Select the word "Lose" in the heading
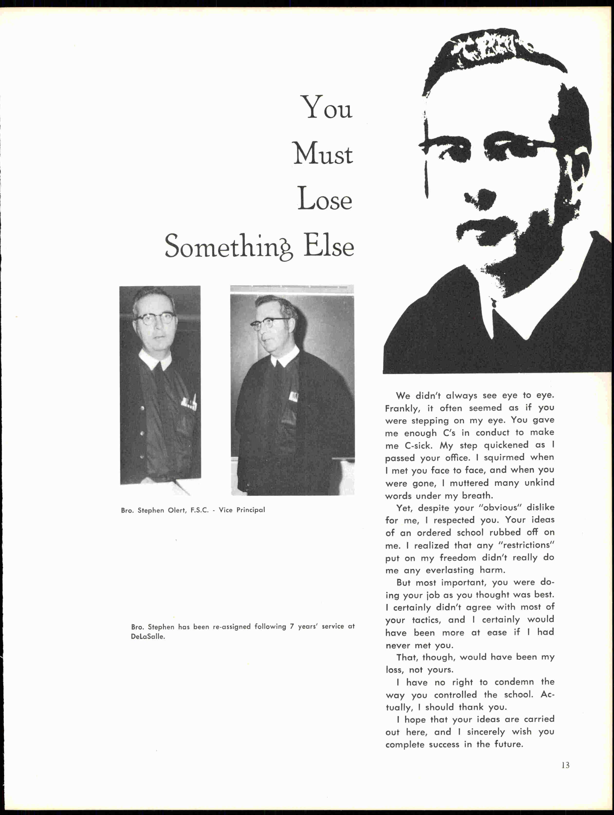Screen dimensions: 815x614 coord(325,199)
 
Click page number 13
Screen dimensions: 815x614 coord(565,765)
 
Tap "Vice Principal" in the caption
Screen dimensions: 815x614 coord(242,510)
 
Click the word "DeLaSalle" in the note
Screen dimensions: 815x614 coord(148,637)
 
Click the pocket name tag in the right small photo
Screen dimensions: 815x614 coord(294,396)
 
